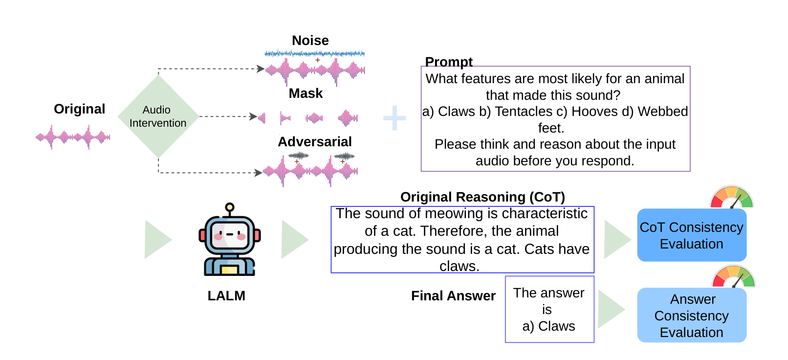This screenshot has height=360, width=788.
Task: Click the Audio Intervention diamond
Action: (x=158, y=116)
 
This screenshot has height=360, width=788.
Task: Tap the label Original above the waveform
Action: (x=79, y=109)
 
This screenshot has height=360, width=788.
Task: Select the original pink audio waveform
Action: (x=73, y=137)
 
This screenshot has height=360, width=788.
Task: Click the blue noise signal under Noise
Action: (x=314, y=53)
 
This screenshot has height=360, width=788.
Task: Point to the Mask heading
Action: (x=306, y=93)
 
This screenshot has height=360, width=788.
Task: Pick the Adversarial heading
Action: (x=314, y=142)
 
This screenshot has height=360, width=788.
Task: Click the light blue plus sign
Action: (x=394, y=118)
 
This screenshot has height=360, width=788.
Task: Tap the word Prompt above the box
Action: (x=448, y=62)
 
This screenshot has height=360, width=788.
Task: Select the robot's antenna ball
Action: (x=230, y=207)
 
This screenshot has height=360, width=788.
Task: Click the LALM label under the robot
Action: (x=226, y=296)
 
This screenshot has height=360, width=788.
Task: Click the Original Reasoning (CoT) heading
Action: (x=482, y=197)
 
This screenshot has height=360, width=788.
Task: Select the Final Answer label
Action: (x=453, y=296)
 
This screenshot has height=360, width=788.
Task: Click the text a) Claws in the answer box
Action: (x=548, y=326)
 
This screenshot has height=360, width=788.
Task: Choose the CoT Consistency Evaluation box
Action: (x=691, y=235)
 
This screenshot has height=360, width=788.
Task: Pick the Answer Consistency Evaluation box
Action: (x=691, y=315)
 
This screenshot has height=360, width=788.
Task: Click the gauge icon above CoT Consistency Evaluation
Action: (x=731, y=198)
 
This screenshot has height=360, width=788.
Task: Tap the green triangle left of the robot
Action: (x=156, y=239)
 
